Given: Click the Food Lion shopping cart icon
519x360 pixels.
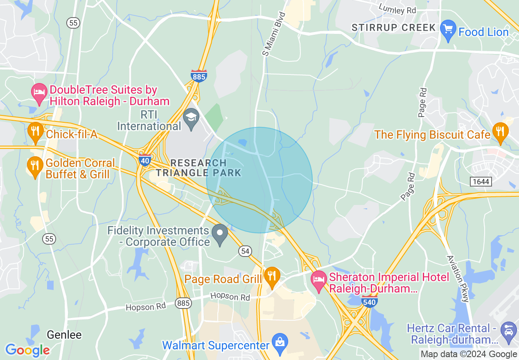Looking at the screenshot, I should pyautogui.click(x=449, y=29).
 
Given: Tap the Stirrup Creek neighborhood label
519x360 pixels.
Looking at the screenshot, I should pyautogui.click(x=394, y=28).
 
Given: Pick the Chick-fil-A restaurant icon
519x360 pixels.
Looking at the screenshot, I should pyautogui.click(x=36, y=131).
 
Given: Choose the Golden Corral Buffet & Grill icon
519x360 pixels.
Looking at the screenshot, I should pyautogui.click(x=36, y=165).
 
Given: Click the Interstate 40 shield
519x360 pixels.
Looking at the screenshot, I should pyautogui.click(x=145, y=160).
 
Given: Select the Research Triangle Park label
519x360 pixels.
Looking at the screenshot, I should pyautogui.click(x=199, y=168).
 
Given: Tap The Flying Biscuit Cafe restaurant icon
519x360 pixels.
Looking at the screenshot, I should pyautogui.click(x=500, y=132).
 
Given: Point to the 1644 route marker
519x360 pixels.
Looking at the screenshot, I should pyautogui.click(x=481, y=181).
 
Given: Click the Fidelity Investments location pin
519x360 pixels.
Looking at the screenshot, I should pyautogui.click(x=220, y=234).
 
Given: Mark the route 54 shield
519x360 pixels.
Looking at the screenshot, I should pyautogui.click(x=245, y=252).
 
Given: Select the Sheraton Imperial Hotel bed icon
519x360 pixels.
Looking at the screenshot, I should pyautogui.click(x=319, y=280).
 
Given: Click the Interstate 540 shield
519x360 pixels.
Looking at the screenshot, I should pyautogui.click(x=369, y=301).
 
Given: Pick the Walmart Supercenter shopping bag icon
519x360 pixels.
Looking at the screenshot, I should pyautogui.click(x=280, y=343).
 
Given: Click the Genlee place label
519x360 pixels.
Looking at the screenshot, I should pyautogui.click(x=64, y=335).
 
